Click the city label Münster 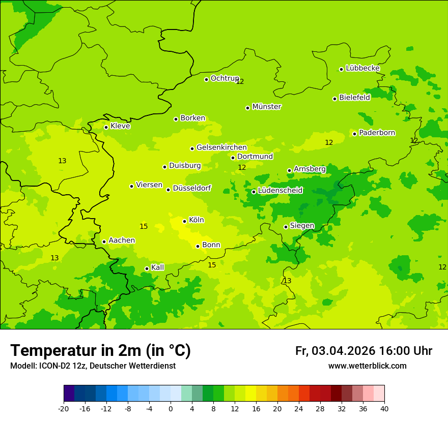pos(267,107)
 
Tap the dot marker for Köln pos(185,221)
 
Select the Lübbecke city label pos(362,68)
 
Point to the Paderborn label pos(377,133)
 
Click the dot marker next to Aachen pos(104,242)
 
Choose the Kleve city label pos(120,126)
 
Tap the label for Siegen pos(302,226)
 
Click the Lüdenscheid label pos(280,191)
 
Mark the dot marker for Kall pos(147,268)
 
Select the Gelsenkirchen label pos(221,147)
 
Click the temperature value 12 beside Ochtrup pos(240,81)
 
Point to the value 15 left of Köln pos(144,226)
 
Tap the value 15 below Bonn pos(212,265)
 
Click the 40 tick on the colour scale pos(384,408)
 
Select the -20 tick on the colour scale pos(64,408)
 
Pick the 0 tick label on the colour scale pos(171,408)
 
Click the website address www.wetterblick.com pos(367,366)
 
